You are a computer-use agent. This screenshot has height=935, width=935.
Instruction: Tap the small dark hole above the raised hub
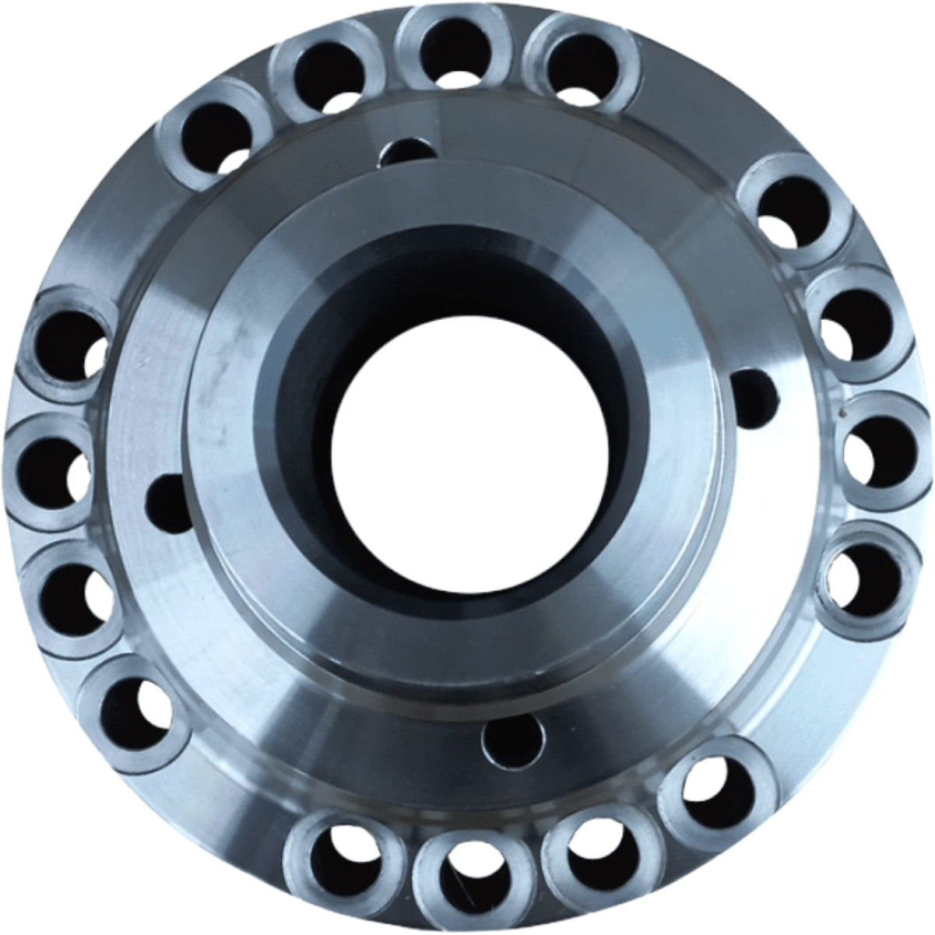coord(408,151)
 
